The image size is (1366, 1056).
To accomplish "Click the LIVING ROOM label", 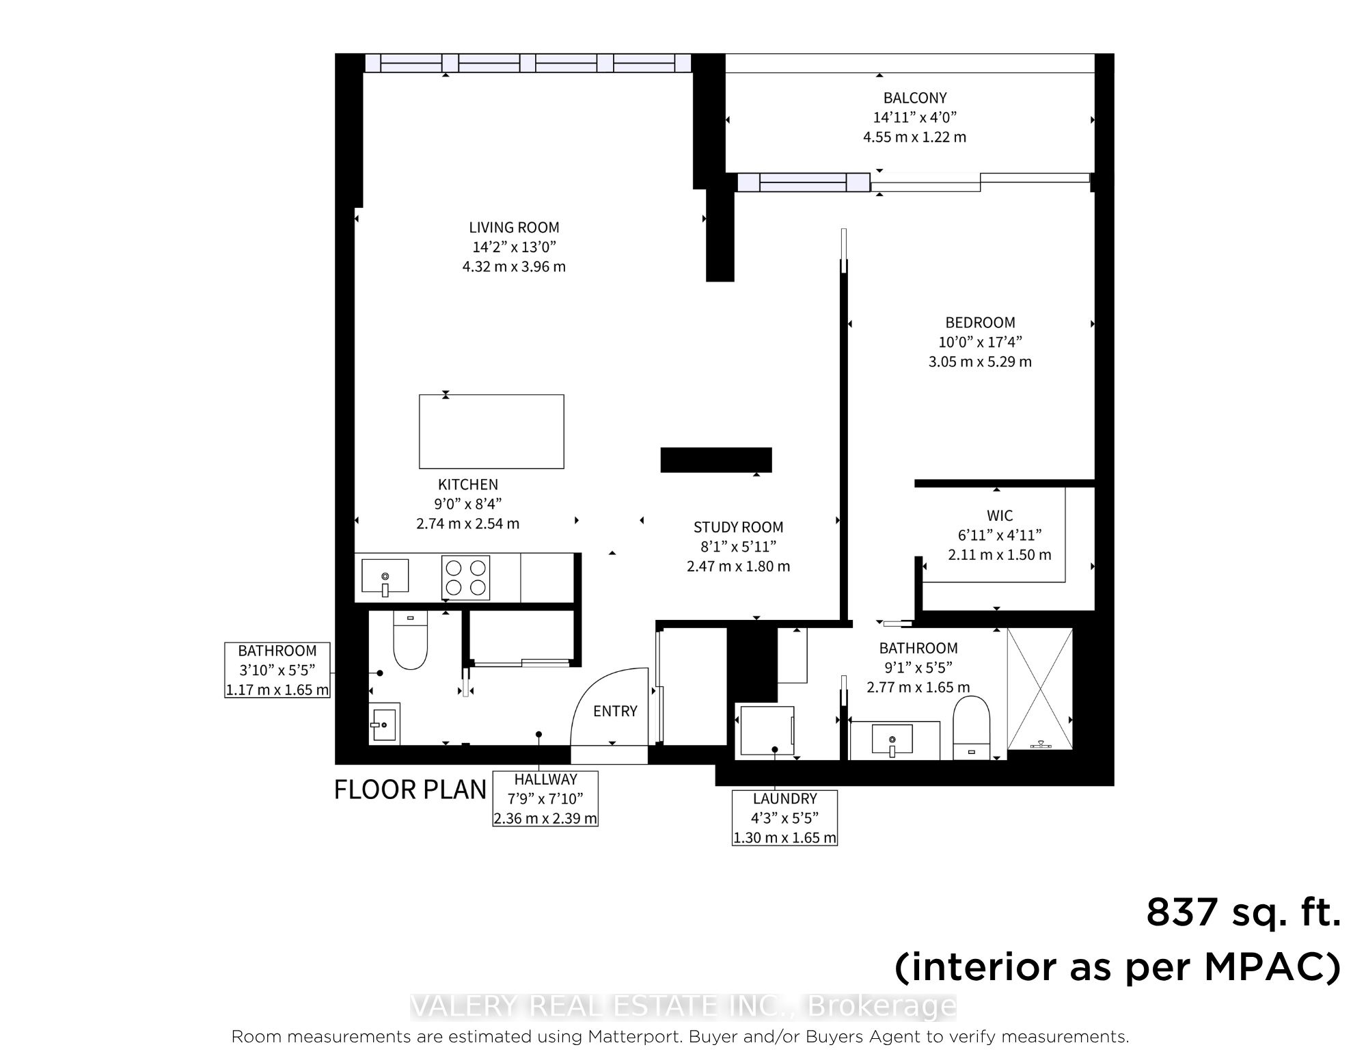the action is (x=514, y=228).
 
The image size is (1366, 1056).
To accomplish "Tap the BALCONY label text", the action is (x=915, y=98).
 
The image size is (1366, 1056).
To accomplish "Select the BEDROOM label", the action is (x=980, y=323).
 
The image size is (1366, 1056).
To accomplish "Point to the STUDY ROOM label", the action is (x=738, y=527).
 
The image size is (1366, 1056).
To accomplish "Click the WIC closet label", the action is (x=1000, y=515).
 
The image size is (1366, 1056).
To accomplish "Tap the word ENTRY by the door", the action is (x=615, y=712).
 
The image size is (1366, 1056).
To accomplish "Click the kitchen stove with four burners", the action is (x=466, y=578).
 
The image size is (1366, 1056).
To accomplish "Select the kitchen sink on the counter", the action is (x=385, y=577).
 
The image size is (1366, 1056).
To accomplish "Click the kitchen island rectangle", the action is (x=491, y=431).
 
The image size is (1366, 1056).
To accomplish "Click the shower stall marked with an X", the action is (x=1040, y=689).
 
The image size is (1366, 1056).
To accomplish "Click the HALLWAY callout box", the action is (x=545, y=798).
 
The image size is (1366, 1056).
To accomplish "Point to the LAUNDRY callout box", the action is (x=784, y=817).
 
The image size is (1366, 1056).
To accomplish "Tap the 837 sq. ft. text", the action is (x=1243, y=912).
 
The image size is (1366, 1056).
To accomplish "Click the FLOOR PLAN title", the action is (x=410, y=789).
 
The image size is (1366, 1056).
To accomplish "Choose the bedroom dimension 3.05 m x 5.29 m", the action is (x=980, y=362).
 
